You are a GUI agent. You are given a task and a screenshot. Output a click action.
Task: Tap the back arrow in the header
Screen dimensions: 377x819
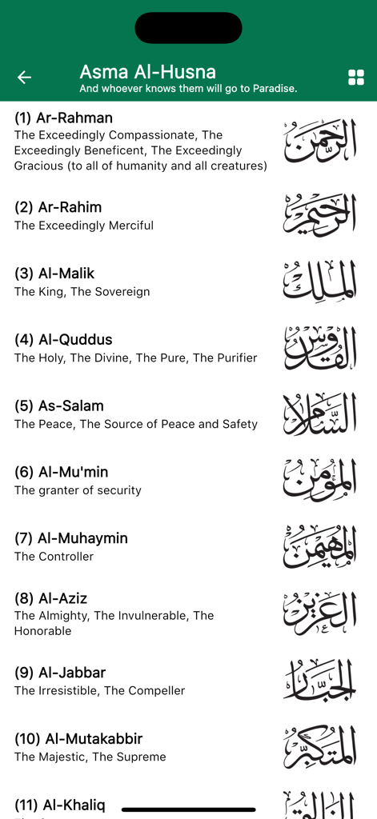[x=24, y=77]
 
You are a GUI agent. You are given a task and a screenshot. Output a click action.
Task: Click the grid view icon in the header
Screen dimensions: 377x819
[x=356, y=77]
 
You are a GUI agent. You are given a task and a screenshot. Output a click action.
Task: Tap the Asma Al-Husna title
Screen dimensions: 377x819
[x=147, y=72]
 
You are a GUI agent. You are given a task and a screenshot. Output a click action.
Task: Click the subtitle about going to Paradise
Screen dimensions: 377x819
[x=188, y=89]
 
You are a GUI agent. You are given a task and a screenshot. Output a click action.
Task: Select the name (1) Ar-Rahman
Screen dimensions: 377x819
[x=63, y=118]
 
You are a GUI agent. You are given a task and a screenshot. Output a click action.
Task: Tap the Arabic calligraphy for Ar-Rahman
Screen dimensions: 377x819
[x=319, y=142]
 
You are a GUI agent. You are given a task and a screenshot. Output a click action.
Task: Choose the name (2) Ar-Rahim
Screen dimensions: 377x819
[x=58, y=207]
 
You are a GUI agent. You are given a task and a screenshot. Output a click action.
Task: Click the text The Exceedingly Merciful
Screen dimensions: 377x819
[x=84, y=226]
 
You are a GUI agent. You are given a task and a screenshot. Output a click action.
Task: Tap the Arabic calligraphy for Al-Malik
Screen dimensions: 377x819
[x=319, y=282]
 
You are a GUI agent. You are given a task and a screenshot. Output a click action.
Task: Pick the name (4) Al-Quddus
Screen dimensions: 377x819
[x=63, y=340]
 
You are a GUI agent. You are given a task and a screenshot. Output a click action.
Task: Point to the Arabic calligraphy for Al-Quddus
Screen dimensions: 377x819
[x=319, y=348]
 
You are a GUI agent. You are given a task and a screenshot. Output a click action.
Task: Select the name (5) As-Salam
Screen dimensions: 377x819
[x=59, y=406]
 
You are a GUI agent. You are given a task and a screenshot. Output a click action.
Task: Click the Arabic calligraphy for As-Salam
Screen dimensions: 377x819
[x=319, y=414]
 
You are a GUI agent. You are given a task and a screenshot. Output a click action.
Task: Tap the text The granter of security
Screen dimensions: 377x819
[x=78, y=490]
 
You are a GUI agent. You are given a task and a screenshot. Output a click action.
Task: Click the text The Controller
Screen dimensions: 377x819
[x=54, y=557]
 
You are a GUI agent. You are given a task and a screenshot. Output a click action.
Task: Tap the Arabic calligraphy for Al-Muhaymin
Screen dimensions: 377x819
[x=319, y=547]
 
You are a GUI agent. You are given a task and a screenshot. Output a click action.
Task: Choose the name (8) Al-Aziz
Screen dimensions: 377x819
[x=50, y=598]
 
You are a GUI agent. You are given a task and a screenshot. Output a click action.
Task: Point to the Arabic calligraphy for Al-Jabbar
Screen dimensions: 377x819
[x=319, y=680]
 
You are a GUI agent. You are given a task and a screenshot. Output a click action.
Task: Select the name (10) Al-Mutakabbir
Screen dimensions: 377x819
[x=78, y=739]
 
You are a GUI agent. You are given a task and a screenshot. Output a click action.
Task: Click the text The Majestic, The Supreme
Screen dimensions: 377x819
[x=90, y=757]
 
